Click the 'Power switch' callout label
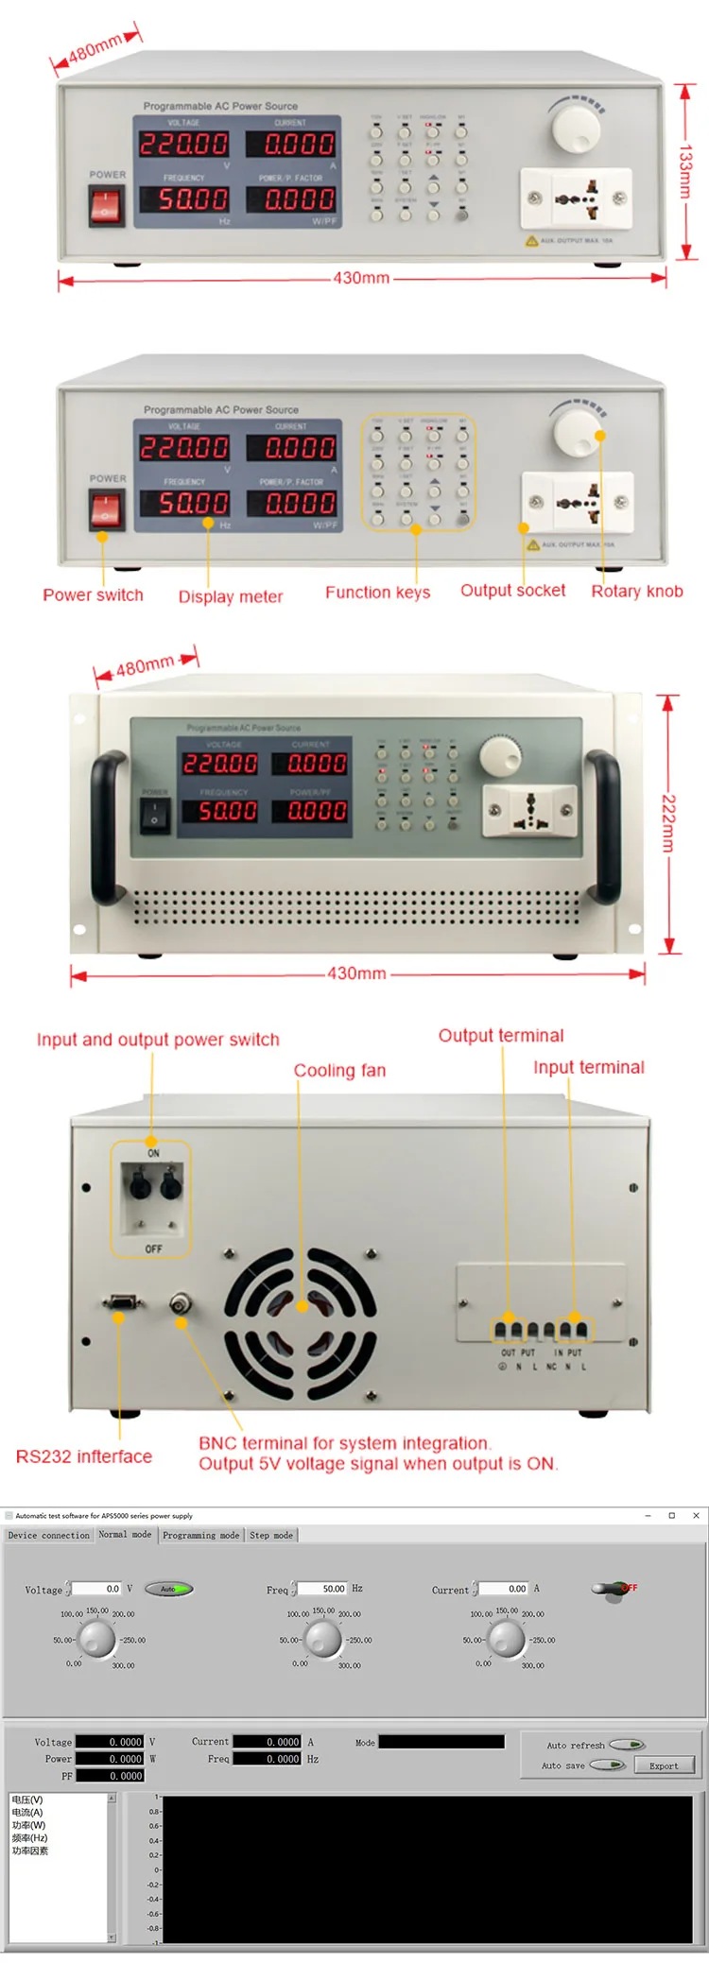coord(93,595)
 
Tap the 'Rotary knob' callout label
coord(636,592)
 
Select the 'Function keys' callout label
coord(377,593)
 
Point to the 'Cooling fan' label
coord(339,1071)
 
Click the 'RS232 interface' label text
coord(83,1456)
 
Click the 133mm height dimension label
coord(685,171)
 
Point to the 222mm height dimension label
coord(668,823)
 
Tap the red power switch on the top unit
coord(106,206)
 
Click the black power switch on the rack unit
coord(155,815)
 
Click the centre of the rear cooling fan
coord(301,1308)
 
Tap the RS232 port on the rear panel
coord(123,1303)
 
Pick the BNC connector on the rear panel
coord(179,1305)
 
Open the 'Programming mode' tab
coord(200,1535)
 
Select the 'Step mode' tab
coord(271,1535)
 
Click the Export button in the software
coord(664,1765)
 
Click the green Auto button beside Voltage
coord(169,1589)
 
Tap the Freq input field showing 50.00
coord(324,1589)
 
